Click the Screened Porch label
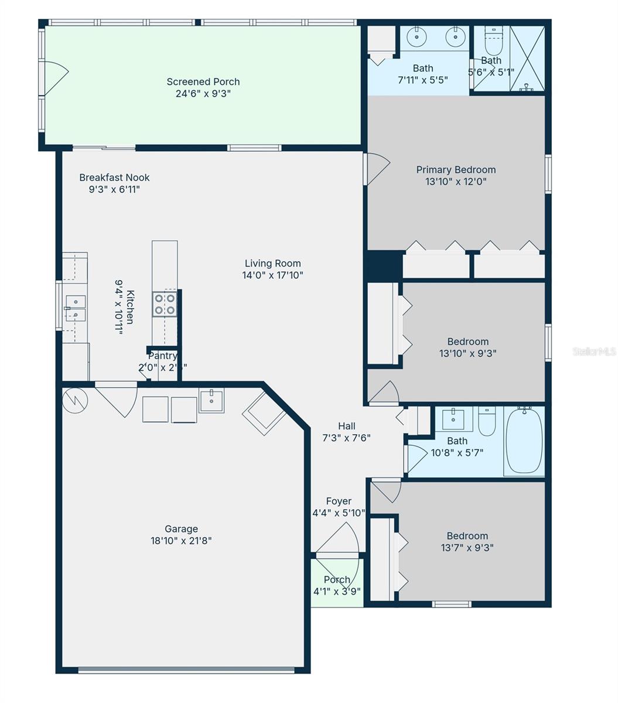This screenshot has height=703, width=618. click(x=203, y=82)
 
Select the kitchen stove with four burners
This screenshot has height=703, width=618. click(x=165, y=304)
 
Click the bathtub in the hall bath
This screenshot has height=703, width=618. click(x=524, y=441)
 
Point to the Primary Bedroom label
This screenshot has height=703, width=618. click(x=456, y=170)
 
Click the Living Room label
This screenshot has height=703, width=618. click(x=272, y=264)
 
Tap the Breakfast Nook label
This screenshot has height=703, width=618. click(x=114, y=178)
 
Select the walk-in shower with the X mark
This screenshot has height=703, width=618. click(x=527, y=58)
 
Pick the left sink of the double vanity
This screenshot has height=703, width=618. click(x=416, y=37)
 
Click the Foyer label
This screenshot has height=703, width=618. click(x=339, y=501)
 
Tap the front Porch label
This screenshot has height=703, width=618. click(x=337, y=580)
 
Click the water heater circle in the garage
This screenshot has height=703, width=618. click(x=75, y=400)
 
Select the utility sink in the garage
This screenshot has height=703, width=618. click(x=211, y=401)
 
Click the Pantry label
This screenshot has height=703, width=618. click(x=162, y=356)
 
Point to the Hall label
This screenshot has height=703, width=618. click(x=346, y=426)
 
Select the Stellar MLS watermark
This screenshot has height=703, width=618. click(x=594, y=351)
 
